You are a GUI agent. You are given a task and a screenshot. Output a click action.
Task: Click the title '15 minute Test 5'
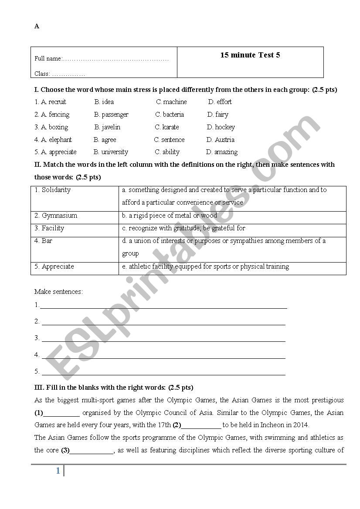pyautogui.click(x=250, y=55)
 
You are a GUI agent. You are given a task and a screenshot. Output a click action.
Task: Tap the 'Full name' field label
pyautogui.click(x=48, y=59)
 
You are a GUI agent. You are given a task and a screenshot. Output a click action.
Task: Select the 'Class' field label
pyautogui.click(x=42, y=74)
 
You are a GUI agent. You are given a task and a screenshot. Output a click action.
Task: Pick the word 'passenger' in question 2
pyautogui.click(x=115, y=115)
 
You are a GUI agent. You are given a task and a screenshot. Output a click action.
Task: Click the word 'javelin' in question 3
pyautogui.click(x=111, y=127)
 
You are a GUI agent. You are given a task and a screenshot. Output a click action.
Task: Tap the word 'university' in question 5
pyautogui.click(x=115, y=152)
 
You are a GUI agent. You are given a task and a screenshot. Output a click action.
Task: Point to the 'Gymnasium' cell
pyautogui.click(x=59, y=216)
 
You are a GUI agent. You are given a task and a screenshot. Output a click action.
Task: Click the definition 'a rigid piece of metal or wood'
pyautogui.click(x=170, y=216)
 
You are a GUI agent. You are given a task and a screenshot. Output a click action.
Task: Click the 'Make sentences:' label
pyautogui.click(x=58, y=292)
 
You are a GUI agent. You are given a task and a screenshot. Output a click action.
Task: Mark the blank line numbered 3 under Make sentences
pyautogui.click(x=163, y=339)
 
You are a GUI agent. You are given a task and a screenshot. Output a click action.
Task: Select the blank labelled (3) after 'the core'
pyautogui.click(x=92, y=451)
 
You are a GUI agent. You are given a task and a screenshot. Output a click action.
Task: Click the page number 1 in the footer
pyautogui.click(x=58, y=471)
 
